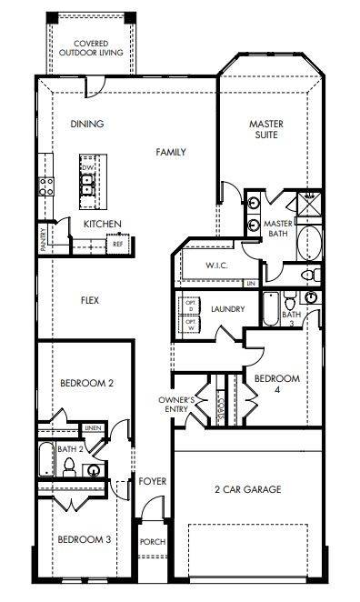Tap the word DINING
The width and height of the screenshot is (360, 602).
86,125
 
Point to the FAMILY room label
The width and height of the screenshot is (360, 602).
170,152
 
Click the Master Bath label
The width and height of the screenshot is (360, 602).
276,228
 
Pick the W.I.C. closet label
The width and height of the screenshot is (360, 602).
215,265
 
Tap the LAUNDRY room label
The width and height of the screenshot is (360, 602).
227,309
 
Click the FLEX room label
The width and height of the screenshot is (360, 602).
89,300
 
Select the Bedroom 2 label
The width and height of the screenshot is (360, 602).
86,384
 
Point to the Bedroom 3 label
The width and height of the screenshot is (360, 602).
84,540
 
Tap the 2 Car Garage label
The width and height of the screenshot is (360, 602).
248,489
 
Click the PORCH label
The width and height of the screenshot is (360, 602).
151,541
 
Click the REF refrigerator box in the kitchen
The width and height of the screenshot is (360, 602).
117,244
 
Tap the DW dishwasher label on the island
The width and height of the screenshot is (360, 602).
87,168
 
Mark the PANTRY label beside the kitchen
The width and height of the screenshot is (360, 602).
43,239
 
